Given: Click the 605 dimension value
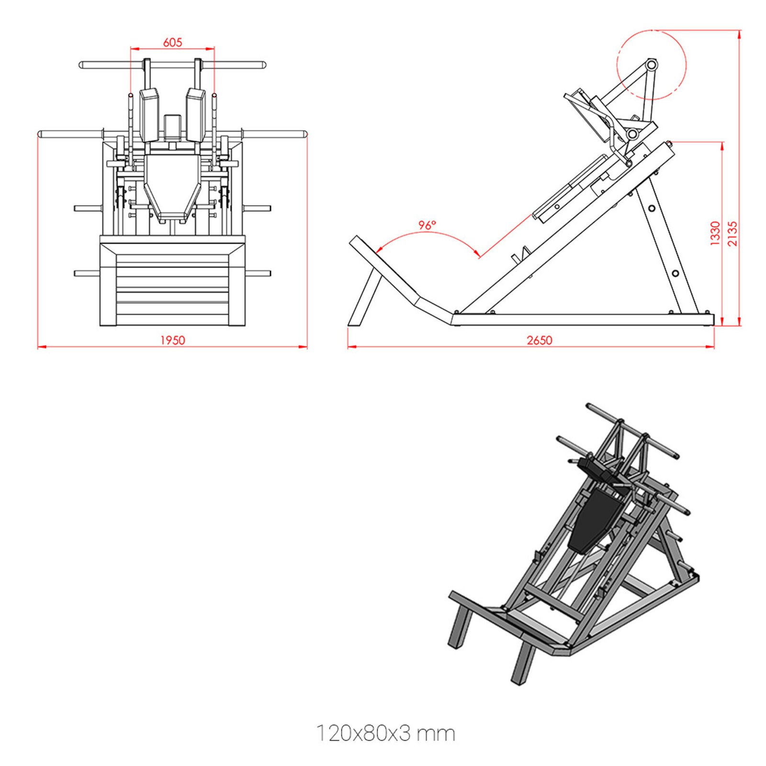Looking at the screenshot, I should [x=172, y=43].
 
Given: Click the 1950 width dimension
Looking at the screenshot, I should [x=172, y=340].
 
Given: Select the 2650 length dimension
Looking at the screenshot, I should [x=539, y=340].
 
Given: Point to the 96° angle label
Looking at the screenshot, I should [x=427, y=225].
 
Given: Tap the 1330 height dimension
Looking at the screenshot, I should [x=715, y=233].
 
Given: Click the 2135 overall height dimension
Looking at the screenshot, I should [x=732, y=233].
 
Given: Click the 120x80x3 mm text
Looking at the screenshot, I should [x=385, y=733].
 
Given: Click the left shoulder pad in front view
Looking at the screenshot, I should [x=149, y=115].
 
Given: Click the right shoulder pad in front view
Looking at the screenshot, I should [x=195, y=115].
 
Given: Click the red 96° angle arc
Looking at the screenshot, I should [x=426, y=234].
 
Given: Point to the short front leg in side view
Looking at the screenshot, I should [x=364, y=297].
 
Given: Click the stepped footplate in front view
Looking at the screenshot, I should [x=172, y=282].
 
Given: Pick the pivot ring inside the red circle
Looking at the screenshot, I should [x=652, y=64].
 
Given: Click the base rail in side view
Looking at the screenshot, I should [x=582, y=319].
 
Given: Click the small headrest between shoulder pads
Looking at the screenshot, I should [x=172, y=127].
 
